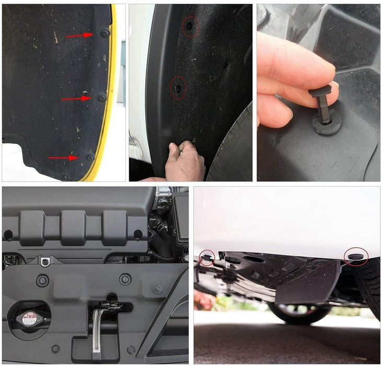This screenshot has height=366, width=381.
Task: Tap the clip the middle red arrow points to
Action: click(102, 97)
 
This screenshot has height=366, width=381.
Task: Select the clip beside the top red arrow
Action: click(105, 33)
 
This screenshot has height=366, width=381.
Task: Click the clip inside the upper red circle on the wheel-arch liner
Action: click(190, 26)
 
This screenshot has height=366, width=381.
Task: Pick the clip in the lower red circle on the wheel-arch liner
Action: click(178, 88)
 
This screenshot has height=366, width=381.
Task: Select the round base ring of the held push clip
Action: click(327, 127)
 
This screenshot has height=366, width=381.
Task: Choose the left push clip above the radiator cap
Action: click(42, 280)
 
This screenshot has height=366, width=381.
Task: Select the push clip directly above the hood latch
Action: click(125, 279)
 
